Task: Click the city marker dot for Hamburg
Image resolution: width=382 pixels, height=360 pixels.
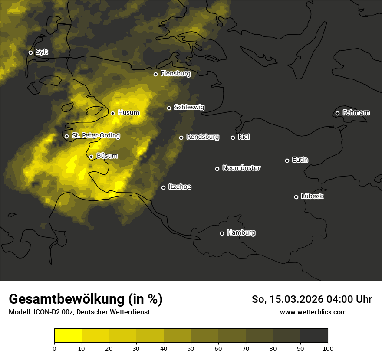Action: pyautogui.click(x=222, y=233)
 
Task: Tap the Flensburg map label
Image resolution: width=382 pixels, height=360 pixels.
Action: pyautogui.click(x=175, y=74)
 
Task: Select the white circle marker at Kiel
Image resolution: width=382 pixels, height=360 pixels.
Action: pyautogui.click(x=233, y=137)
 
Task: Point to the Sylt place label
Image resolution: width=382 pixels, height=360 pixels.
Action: pyautogui.click(x=42, y=52)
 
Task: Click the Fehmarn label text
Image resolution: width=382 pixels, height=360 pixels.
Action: pyautogui.click(x=356, y=113)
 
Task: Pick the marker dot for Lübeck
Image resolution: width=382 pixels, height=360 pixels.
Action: pyautogui.click(x=296, y=197)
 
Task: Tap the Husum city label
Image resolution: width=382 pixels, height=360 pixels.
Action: pyautogui.click(x=128, y=113)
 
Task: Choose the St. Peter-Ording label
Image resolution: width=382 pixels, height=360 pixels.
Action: pyautogui.click(x=95, y=136)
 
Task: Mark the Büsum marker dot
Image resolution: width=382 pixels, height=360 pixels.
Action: pyautogui.click(x=91, y=157)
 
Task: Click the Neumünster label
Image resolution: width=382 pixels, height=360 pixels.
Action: pyautogui.click(x=241, y=168)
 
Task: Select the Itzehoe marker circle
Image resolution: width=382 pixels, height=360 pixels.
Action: pyautogui.click(x=163, y=187)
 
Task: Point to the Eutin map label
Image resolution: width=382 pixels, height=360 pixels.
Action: pyautogui.click(x=300, y=160)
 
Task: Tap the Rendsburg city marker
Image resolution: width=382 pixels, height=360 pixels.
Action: pyautogui.click(x=181, y=137)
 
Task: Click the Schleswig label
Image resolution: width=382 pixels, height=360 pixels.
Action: pyautogui.click(x=189, y=107)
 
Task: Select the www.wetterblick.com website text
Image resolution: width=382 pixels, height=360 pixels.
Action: pyautogui.click(x=313, y=312)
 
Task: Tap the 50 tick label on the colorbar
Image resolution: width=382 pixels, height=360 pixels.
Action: pyautogui.click(x=191, y=348)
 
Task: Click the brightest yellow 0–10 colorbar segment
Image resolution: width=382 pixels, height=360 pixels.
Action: pyautogui.click(x=68, y=335)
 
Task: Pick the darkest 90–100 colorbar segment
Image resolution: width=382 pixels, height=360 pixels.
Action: pyautogui.click(x=314, y=335)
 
